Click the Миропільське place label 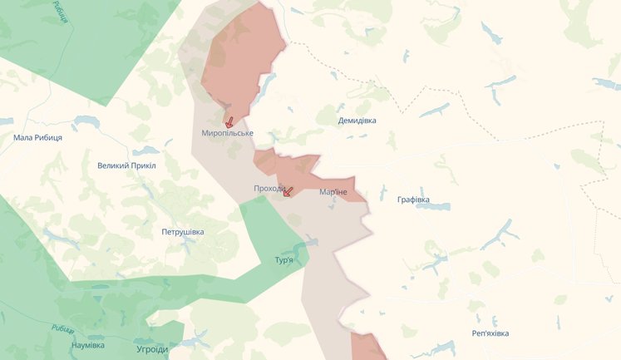(x=227, y=133)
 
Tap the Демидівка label (x=357, y=121)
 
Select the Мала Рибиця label (x=38, y=137)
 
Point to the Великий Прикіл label (x=126, y=165)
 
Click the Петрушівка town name (x=183, y=232)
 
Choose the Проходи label (x=269, y=189)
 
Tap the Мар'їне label (x=333, y=192)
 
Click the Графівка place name (x=413, y=200)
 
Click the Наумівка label (x=88, y=345)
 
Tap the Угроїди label (x=152, y=349)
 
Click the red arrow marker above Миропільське (x=229, y=121)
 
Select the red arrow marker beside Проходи (x=288, y=190)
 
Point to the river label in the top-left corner (x=59, y=12)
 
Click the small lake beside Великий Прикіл (x=145, y=151)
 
